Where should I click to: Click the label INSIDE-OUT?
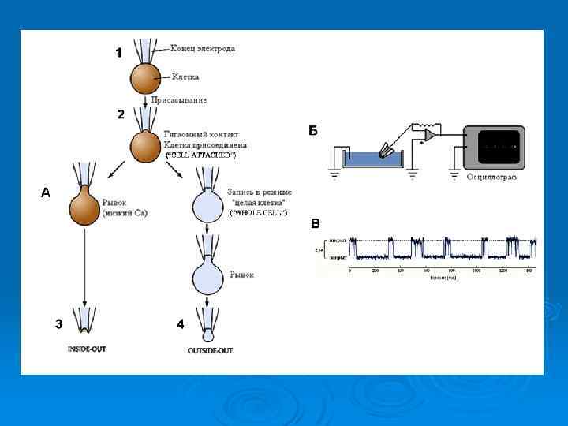(x=84, y=349)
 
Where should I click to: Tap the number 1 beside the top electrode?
(x=118, y=53)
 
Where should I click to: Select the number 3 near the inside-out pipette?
(x=58, y=323)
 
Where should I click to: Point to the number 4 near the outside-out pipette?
(x=180, y=323)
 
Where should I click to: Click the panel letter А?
(x=46, y=192)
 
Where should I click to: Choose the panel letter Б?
(x=313, y=130)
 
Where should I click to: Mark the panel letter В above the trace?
(x=315, y=223)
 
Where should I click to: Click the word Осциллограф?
(x=491, y=177)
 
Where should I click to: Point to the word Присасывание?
(x=185, y=100)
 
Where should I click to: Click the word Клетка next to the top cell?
(x=184, y=77)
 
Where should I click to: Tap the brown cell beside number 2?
(x=145, y=147)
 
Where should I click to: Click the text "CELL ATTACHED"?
(x=200, y=156)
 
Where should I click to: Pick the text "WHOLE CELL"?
(x=258, y=213)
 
